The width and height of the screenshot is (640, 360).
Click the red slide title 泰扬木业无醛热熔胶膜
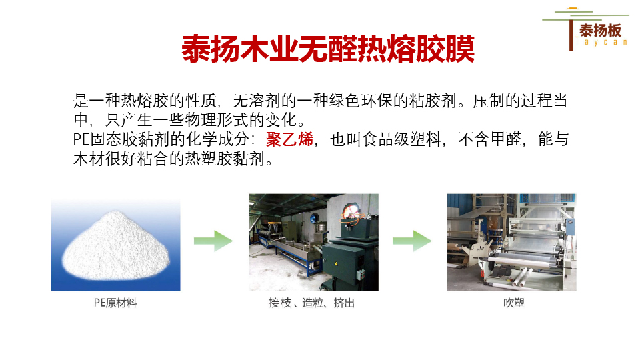pyautogui.click(x=328, y=49)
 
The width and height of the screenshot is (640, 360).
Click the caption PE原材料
pyautogui.click(x=115, y=303)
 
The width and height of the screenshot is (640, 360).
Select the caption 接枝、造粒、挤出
pyautogui.click(x=312, y=303)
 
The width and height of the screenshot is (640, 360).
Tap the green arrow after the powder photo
pyautogui.click(x=213, y=241)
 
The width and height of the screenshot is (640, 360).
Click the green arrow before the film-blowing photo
pyautogui.click(x=411, y=241)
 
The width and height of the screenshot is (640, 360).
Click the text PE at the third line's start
pyautogui.click(x=81, y=141)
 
